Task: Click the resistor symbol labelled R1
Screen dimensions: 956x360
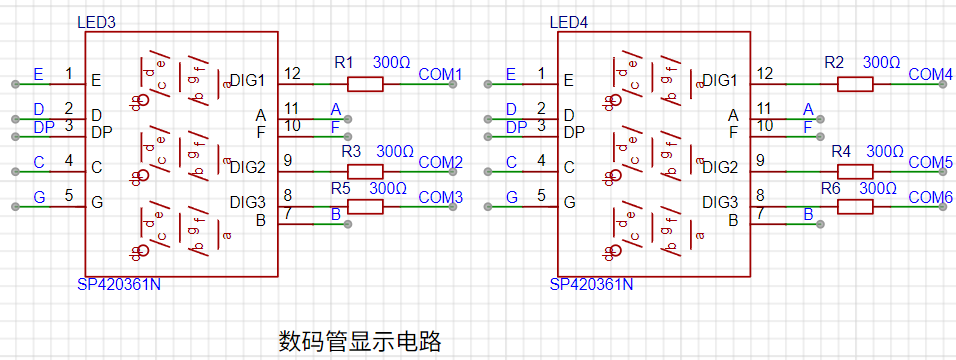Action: [x=365, y=84]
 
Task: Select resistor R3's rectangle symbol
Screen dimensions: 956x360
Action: [x=365, y=171]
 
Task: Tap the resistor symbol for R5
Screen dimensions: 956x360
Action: [x=365, y=207]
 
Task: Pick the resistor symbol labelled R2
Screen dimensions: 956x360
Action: [x=855, y=84]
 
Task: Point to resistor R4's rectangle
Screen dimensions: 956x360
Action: [x=855, y=171]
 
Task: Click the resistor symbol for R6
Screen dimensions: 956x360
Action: [x=855, y=207]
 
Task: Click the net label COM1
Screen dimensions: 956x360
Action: [x=440, y=74]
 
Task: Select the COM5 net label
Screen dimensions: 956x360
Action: [x=930, y=162]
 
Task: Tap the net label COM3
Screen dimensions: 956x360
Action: [x=440, y=197]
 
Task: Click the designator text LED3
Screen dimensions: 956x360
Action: [x=96, y=23]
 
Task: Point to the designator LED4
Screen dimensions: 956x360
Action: [x=569, y=23]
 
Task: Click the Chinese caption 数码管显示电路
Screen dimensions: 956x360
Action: [x=360, y=342]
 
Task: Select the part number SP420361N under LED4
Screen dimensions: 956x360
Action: [x=591, y=284]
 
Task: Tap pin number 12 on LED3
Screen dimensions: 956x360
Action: [x=292, y=74]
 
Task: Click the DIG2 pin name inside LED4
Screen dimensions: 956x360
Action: [x=720, y=167]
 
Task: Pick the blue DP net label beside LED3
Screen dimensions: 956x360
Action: [x=43, y=127]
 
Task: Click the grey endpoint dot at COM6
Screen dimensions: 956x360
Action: [x=943, y=207]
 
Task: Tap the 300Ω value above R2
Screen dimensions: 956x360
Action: [x=882, y=62]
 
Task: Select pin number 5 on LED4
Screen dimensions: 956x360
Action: [x=541, y=196]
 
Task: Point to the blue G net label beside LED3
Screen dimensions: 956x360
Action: [x=39, y=197]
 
